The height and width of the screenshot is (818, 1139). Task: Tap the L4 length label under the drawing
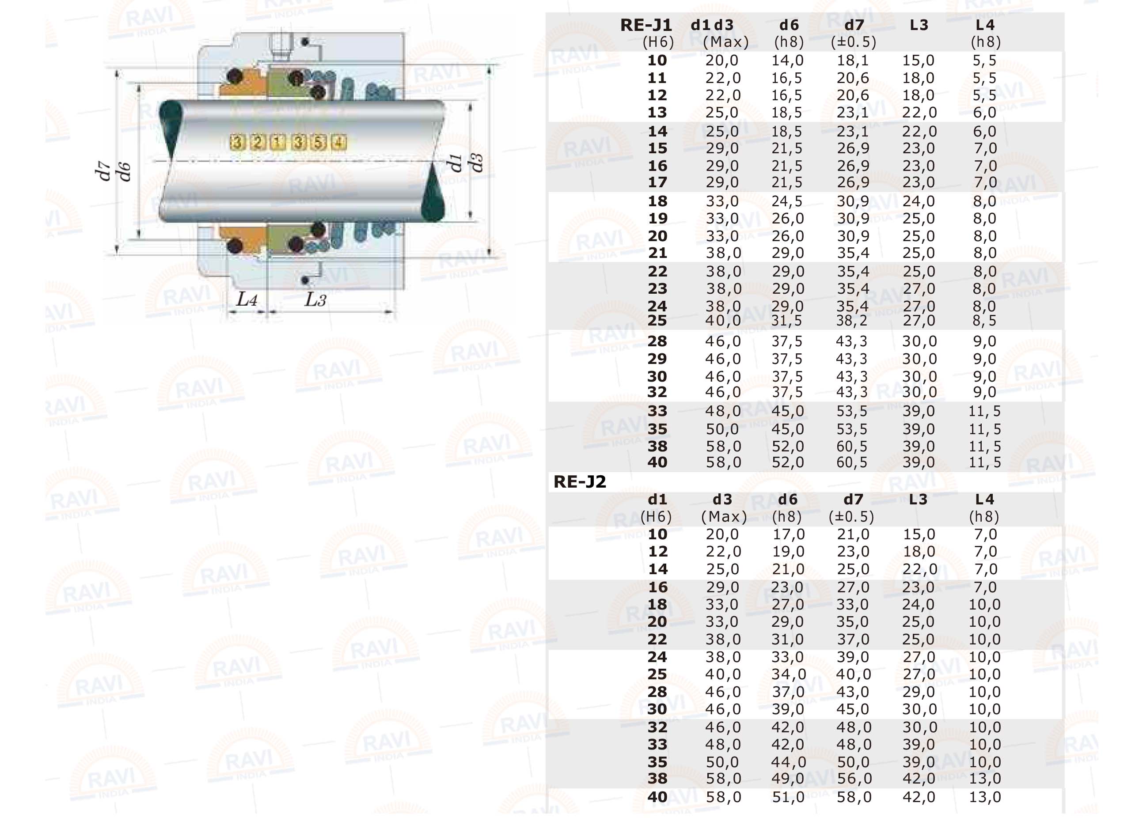click(247, 300)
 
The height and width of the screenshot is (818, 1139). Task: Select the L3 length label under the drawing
click(315, 300)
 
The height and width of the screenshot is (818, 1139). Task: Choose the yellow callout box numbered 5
click(318, 143)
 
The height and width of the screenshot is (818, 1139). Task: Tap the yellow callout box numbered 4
click(339, 143)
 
